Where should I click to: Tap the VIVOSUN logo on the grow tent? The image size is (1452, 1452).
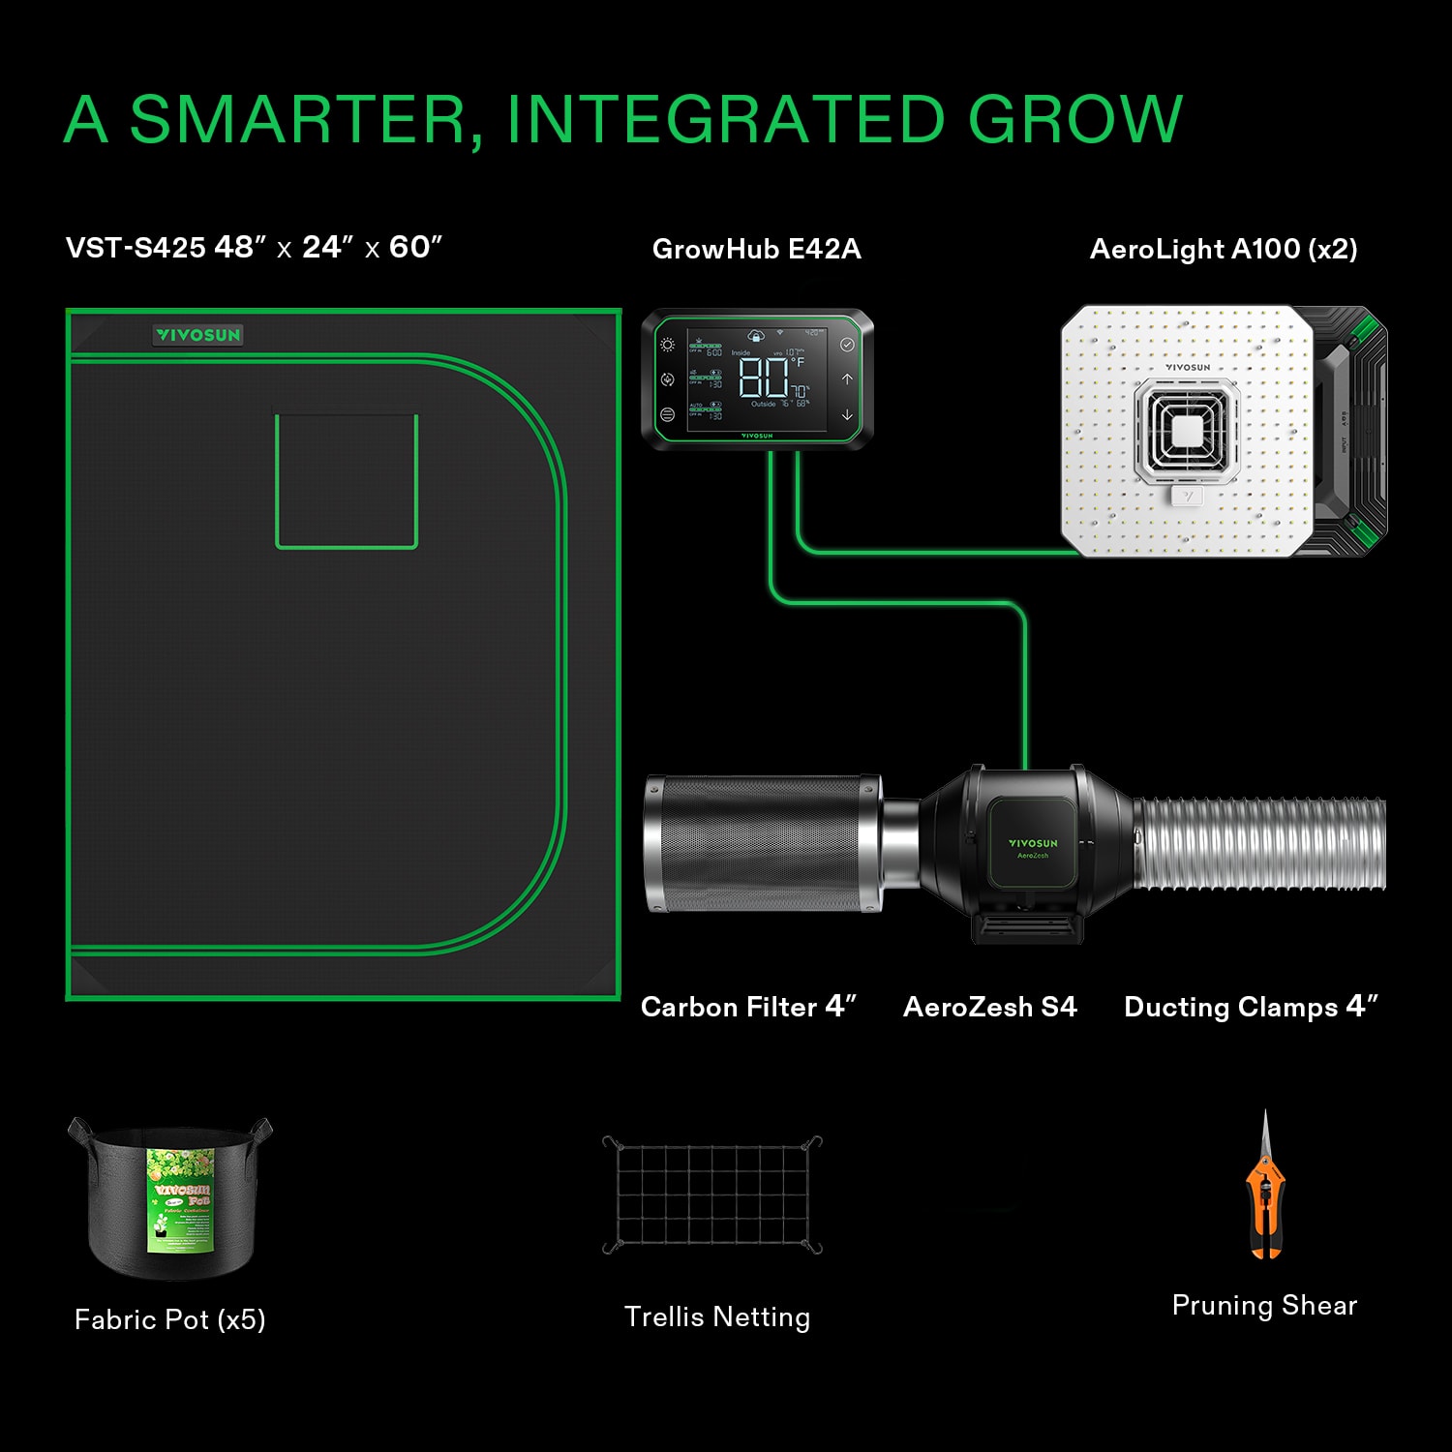tap(198, 335)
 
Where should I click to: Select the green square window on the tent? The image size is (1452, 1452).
tap(347, 481)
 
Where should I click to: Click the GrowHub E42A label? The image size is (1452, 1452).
tap(756, 249)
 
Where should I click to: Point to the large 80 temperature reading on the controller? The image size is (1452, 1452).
tap(764, 378)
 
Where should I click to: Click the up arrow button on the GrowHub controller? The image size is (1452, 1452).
tap(847, 379)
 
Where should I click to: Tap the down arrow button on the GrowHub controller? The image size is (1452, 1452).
tap(847, 414)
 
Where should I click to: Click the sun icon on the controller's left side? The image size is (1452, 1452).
tap(667, 345)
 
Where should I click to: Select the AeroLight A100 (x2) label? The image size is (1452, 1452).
tap(1224, 249)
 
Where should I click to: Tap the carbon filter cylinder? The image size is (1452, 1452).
tap(763, 843)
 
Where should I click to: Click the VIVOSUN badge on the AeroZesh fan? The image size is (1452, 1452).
tap(1032, 844)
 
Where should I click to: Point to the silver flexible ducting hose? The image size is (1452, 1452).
tap(1258, 843)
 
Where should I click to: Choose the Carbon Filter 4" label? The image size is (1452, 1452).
tap(748, 1007)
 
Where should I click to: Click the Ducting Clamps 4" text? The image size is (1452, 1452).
tap(1251, 1007)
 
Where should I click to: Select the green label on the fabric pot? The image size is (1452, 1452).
tap(180, 1200)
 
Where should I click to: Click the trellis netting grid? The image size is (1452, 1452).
tap(712, 1196)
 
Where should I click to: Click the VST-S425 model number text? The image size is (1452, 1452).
tap(136, 248)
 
